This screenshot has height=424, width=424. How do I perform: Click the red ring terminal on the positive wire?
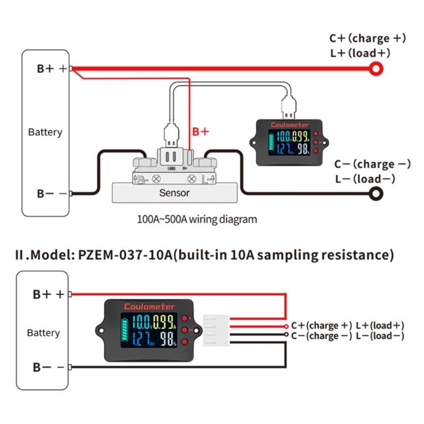(376, 68)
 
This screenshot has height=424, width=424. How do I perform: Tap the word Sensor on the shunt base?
(174, 193)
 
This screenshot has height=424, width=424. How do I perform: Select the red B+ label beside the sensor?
(200, 131)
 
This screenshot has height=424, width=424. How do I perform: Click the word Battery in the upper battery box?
(45, 132)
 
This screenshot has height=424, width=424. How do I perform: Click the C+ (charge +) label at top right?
(367, 38)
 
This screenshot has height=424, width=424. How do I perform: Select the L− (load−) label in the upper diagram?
(365, 179)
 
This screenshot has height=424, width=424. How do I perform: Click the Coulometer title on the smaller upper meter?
(286, 125)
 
